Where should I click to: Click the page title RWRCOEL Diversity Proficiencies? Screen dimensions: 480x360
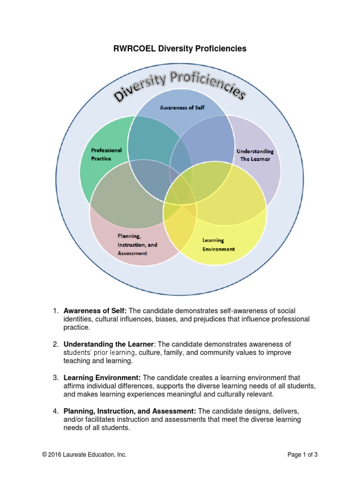(x=180, y=49)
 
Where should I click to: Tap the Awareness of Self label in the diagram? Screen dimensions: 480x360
(x=182, y=107)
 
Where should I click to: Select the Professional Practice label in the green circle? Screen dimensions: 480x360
(x=106, y=154)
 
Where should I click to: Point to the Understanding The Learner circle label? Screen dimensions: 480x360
(x=255, y=155)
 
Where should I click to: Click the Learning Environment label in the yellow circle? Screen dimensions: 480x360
(x=218, y=245)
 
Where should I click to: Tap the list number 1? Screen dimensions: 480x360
(x=55, y=311)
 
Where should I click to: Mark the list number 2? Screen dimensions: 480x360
(x=55, y=345)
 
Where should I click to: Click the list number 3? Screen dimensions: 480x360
(x=55, y=377)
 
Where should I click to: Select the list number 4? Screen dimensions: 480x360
(x=55, y=411)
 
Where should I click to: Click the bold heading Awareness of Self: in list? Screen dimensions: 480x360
(x=95, y=311)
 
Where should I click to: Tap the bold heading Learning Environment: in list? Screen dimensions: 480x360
(x=102, y=377)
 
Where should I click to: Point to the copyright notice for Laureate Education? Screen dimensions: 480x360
(x=84, y=455)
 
